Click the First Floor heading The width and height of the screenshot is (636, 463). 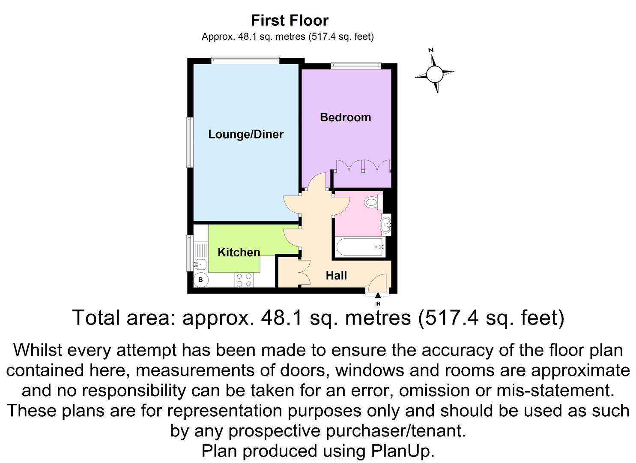(290, 20)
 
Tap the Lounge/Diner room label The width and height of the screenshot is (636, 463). (245, 134)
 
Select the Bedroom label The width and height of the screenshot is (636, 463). (345, 117)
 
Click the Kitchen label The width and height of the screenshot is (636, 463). (239, 252)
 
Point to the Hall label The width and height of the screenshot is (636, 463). (336, 275)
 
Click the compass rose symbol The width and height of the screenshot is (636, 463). (435, 74)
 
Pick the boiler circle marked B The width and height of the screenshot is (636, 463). (200, 280)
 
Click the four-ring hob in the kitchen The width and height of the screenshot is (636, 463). (244, 280)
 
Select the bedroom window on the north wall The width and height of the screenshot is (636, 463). (355, 66)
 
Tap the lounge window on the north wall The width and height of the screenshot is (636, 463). (245, 60)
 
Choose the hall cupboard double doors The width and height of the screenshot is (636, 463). (304, 273)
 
